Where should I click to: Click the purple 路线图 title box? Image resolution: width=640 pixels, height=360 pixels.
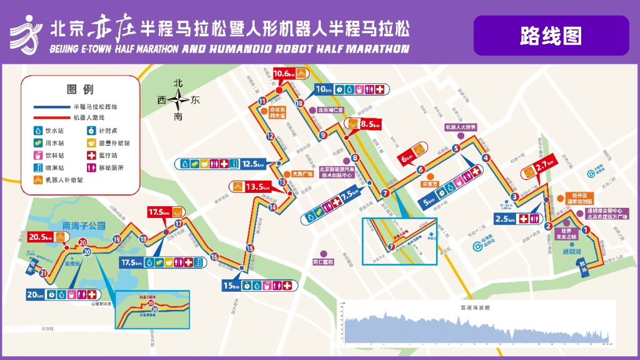click(x=551, y=36)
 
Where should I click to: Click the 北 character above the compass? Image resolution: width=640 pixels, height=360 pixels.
click(x=178, y=83)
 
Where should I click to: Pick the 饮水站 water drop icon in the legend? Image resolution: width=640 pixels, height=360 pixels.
click(x=38, y=131)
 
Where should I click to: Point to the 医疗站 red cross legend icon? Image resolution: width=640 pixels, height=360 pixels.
click(x=91, y=155)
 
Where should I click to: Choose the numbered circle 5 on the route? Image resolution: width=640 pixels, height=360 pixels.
click(x=456, y=148)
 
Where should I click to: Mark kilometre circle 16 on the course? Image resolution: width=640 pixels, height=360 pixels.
click(x=214, y=257)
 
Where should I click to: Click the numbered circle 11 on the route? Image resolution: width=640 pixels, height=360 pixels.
click(x=262, y=101)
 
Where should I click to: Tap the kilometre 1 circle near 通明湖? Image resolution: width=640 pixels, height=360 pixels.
click(x=586, y=230)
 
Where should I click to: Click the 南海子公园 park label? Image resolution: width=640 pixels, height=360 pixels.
click(x=84, y=225)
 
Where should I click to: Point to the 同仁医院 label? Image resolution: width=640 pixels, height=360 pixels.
click(x=323, y=262)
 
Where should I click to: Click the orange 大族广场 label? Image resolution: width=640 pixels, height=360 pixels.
click(x=302, y=173)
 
